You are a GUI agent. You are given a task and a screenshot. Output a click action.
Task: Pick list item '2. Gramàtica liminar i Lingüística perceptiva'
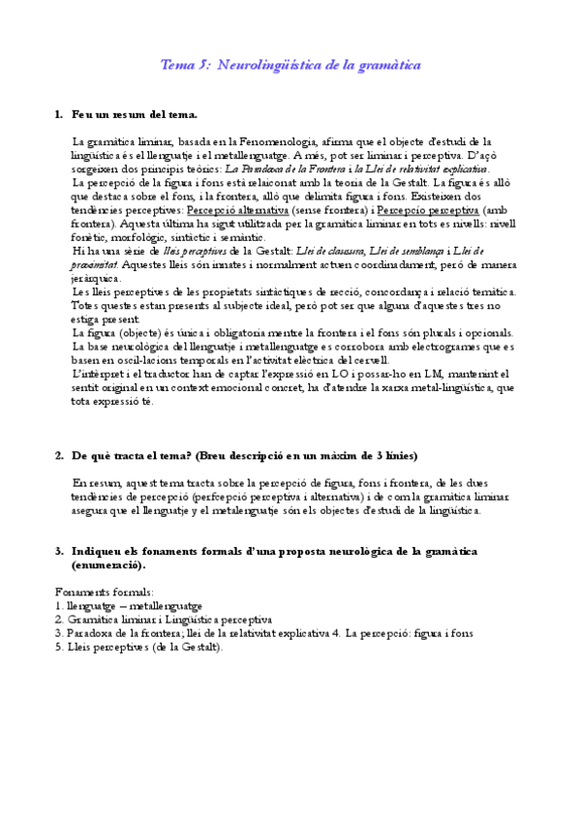(x=164, y=619)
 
